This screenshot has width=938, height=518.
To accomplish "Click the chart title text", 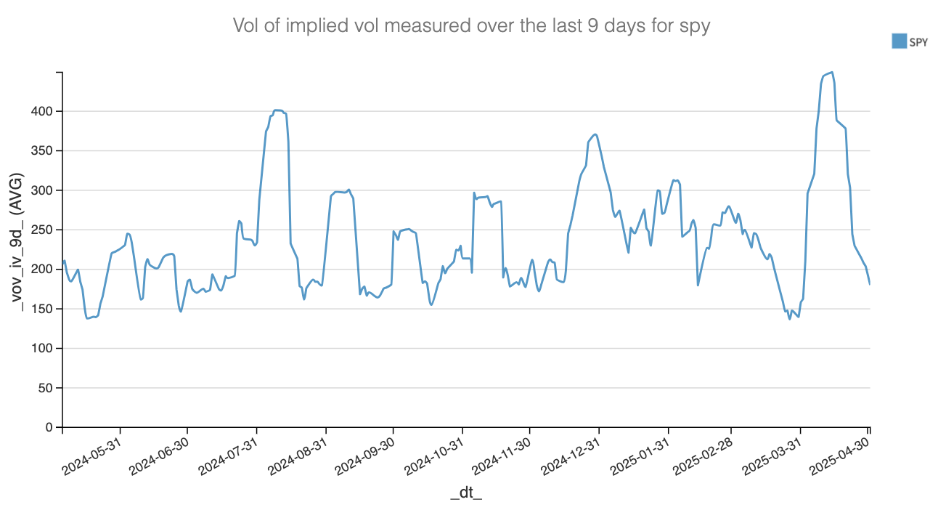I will pyautogui.click(x=470, y=26).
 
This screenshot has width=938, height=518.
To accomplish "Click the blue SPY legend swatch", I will pyautogui.click(x=899, y=41).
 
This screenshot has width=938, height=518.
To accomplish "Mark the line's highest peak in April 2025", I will pyautogui.click(x=832, y=72).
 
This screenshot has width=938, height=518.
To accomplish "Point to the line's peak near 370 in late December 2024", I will pyautogui.click(x=595, y=134).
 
